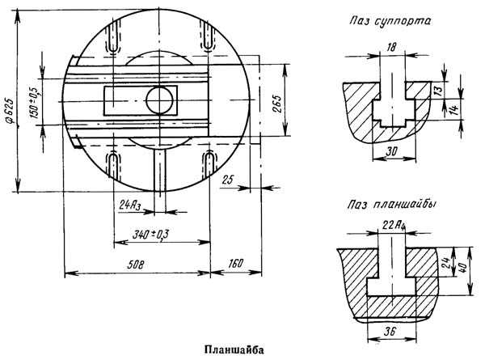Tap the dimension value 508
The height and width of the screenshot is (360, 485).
tap(136, 265)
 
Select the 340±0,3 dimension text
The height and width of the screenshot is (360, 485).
tap(150, 234)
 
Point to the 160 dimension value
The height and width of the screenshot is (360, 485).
tap(236, 264)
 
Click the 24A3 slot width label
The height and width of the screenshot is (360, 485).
tap(130, 205)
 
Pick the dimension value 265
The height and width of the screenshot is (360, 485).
tap(277, 104)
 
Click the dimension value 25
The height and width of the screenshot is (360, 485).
tap(227, 180)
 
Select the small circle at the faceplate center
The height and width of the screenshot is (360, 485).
tap(159, 100)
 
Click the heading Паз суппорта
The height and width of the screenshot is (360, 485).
tap(390, 21)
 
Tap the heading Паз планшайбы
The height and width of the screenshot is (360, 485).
tap(392, 205)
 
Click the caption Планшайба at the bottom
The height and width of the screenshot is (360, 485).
tap(234, 349)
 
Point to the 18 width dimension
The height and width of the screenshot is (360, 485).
tap(391, 48)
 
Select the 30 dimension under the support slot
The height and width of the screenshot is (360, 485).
tap(393, 151)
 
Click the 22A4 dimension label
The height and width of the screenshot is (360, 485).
tap(394, 225)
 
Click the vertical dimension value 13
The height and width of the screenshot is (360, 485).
tap(439, 91)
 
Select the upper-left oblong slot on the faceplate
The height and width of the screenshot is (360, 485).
tap(114, 36)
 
